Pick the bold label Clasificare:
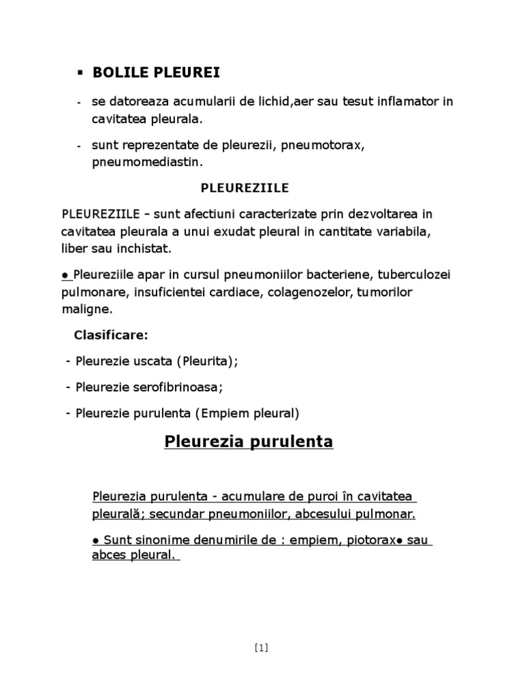[x=110, y=336]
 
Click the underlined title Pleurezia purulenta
[x=249, y=442]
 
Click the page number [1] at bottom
[x=261, y=647]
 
